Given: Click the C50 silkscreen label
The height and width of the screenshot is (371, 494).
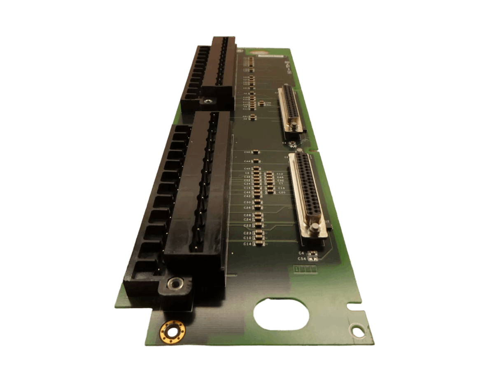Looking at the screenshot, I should coord(247,152).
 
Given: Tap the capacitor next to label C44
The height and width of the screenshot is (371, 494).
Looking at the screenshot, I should coord(256,161).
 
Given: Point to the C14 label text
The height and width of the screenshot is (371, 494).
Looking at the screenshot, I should coord(247,244).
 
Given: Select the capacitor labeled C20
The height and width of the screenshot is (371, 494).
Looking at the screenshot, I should coord(270,192).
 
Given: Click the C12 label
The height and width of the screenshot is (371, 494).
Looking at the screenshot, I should coord(280,174).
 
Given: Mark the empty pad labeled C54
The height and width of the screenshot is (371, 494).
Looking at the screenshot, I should coord(313,259).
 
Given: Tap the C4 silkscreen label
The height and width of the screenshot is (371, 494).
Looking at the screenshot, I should coord(301,253).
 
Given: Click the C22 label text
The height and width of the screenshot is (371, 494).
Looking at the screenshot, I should coord(247,226).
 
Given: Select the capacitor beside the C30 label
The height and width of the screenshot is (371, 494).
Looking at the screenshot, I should coord(258,202).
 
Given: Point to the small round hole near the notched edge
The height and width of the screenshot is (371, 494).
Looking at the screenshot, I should coord(356,329).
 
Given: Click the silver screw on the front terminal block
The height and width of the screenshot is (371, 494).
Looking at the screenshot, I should coord(176,283).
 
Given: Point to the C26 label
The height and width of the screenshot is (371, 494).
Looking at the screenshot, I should coord(247,208).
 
